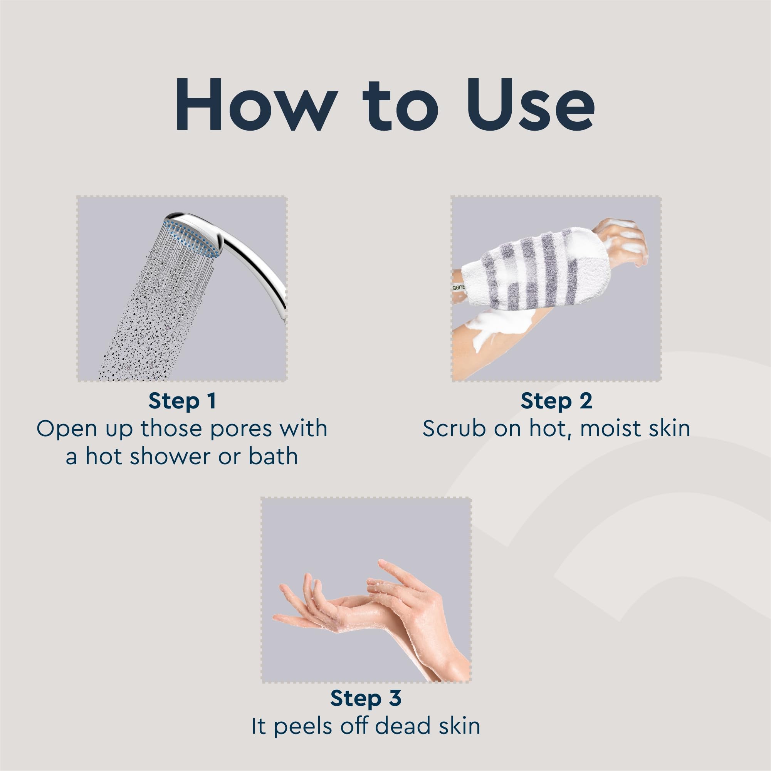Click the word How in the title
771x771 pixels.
pyautogui.click(x=256, y=104)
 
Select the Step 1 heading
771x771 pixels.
pyautogui.click(x=182, y=401)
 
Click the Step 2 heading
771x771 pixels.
pyautogui.click(x=556, y=401)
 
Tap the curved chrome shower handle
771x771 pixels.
pyautogui.click(x=255, y=267)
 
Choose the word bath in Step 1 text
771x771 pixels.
pyautogui.click(x=273, y=456)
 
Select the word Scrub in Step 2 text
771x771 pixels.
pyautogui.click(x=455, y=428)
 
